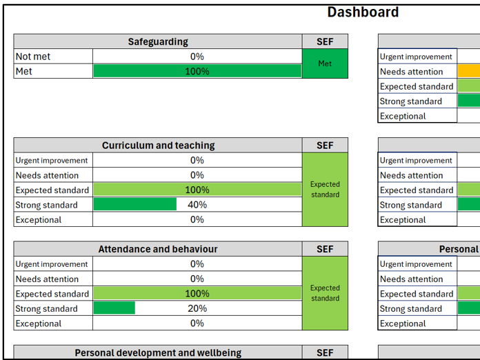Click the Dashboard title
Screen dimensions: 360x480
coord(363,12)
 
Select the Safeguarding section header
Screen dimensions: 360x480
coord(158,42)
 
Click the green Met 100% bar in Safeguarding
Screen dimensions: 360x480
coord(197,71)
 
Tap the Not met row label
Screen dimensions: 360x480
coord(33,57)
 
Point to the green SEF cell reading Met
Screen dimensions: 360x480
coord(325,63)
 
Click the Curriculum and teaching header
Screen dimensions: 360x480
coord(158,146)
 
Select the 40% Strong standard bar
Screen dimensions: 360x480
coord(135,205)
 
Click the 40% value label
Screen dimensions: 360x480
coord(197,205)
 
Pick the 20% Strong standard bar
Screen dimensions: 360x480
coord(114,308)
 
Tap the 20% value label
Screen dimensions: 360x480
coord(197,308)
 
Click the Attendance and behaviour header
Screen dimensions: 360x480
coord(158,249)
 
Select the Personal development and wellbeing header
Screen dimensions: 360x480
coord(158,352)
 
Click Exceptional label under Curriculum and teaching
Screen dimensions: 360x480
coord(39,220)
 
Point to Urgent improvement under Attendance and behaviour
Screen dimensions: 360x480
coord(52,264)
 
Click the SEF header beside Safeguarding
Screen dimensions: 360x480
coord(325,42)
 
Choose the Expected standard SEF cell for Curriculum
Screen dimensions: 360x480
coord(325,190)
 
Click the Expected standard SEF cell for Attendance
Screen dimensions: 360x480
coord(325,293)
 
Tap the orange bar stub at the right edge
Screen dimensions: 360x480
coord(469,71)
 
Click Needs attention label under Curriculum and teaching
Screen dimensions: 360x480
coord(47,175)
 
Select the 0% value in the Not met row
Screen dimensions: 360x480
coord(197,57)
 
